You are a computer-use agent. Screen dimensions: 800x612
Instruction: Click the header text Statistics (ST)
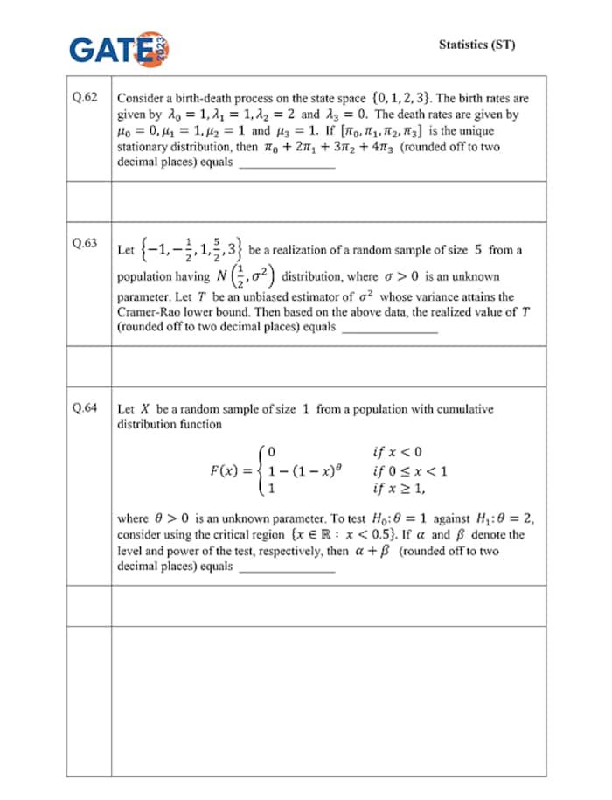coord(476,44)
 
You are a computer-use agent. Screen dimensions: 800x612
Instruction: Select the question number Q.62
coord(85,98)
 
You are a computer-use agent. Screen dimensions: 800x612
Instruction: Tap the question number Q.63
coord(85,243)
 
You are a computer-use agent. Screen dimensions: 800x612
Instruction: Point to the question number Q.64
coord(85,407)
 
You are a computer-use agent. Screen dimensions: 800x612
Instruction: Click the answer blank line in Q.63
coord(388,329)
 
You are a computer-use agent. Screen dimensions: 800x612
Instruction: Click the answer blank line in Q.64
coord(286,568)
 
